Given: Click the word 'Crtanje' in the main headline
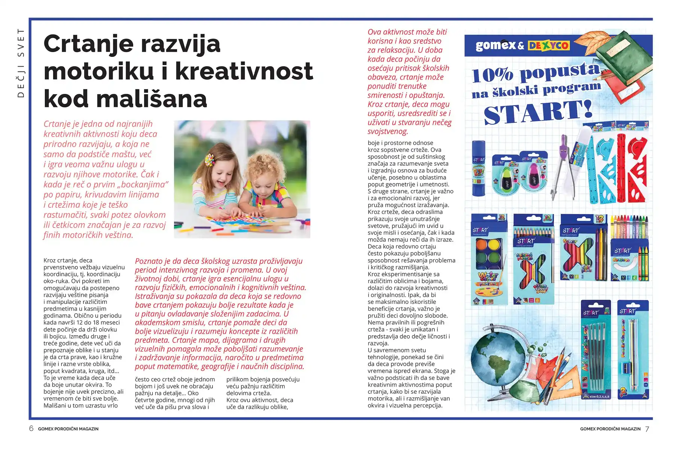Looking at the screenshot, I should click(x=88, y=44).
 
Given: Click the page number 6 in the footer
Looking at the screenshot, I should click(x=31, y=428).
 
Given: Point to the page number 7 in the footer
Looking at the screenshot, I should click(x=647, y=429).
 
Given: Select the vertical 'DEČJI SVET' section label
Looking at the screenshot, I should click(x=21, y=63).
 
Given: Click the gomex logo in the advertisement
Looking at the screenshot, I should click(x=495, y=46).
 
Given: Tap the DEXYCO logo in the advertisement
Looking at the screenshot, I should click(x=548, y=46).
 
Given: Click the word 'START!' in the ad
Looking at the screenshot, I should click(x=538, y=112).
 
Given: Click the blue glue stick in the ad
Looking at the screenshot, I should click(x=479, y=168).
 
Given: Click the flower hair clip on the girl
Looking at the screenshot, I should click(x=208, y=161).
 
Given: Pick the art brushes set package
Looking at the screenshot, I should click(x=595, y=350).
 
